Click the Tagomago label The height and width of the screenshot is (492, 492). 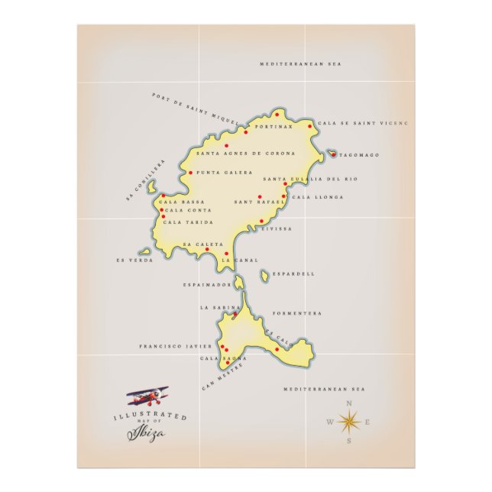click(x=360, y=155)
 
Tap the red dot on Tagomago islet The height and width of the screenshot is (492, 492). click(x=333, y=154)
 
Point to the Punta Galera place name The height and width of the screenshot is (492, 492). click(x=225, y=173)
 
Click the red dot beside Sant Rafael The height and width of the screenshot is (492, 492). click(x=260, y=196)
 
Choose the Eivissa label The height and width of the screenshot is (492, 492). click(x=277, y=228)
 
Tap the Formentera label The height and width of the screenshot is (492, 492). click(x=297, y=313)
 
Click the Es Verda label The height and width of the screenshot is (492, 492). click(x=134, y=260)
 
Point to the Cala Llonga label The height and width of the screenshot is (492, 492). click(x=318, y=197)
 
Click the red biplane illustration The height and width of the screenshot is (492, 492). click(x=148, y=396)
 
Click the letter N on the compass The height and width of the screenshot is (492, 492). click(x=349, y=403)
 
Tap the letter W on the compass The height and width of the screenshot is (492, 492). click(x=330, y=422)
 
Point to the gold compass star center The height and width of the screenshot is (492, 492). click(x=349, y=422)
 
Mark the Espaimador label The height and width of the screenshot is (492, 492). click(x=207, y=284)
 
